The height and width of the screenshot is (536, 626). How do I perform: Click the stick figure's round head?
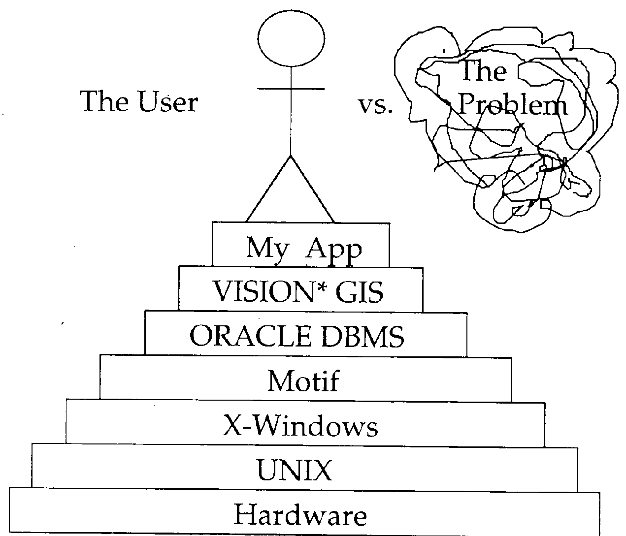pyautogui.click(x=291, y=39)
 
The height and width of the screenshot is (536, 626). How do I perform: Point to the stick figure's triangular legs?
pyautogui.click(x=291, y=192)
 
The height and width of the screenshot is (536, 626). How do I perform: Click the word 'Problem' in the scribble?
pyautogui.click(x=513, y=105)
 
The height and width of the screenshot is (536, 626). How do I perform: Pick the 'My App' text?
pyautogui.click(x=303, y=248)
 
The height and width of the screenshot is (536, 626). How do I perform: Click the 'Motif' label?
pyautogui.click(x=303, y=381)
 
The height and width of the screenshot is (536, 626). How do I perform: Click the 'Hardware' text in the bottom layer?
pyautogui.click(x=300, y=515)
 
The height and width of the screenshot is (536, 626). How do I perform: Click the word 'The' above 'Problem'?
pyautogui.click(x=483, y=71)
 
